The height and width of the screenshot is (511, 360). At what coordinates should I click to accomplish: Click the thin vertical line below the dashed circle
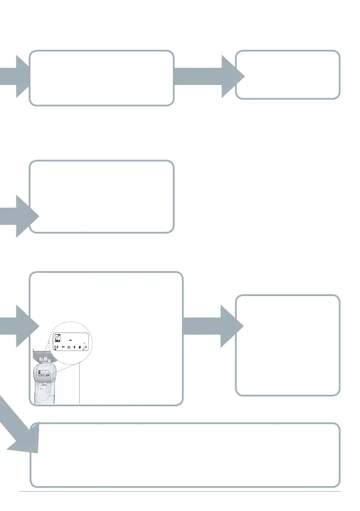coord(80,382)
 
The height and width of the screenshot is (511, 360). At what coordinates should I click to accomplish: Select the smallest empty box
coord(288,75)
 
